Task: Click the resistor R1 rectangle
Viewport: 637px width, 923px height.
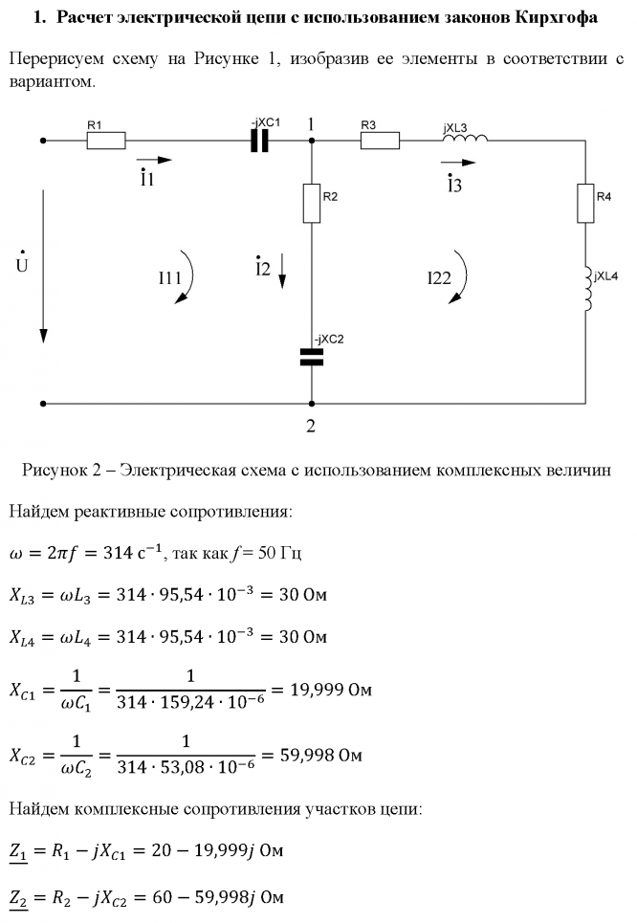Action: tap(105, 141)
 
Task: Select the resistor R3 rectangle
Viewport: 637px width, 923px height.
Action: tap(380, 141)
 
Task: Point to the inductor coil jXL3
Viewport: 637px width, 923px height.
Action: tap(465, 140)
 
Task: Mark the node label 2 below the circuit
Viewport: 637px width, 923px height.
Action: tap(311, 427)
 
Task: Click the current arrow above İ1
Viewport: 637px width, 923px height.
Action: tap(154, 160)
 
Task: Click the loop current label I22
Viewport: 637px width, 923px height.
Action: tap(439, 278)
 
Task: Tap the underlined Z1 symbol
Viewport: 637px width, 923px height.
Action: tap(19, 850)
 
